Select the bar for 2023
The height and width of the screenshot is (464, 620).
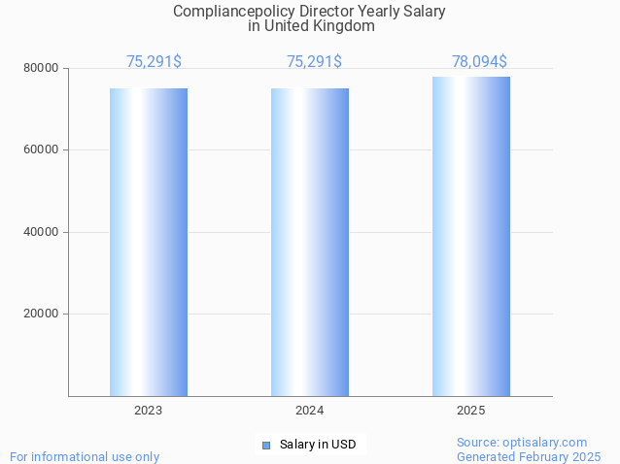pos(149,242)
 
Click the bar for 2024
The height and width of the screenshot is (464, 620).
pos(310,242)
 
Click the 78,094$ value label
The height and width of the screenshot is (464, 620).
pos(479,62)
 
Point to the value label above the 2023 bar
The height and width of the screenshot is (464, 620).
pos(154,62)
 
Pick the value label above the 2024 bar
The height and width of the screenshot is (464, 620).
pos(314,62)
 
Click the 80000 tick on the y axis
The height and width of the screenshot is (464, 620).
pos(42,69)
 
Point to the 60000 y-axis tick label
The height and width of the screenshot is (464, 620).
pos(42,150)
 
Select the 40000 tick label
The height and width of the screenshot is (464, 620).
pos(42,232)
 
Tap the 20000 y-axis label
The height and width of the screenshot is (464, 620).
pos(42,315)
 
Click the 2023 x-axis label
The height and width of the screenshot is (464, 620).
pos(149,411)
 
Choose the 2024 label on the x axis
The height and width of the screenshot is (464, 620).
pos(310,411)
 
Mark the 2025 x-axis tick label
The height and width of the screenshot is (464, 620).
pos(471,411)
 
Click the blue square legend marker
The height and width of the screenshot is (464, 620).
pos(265,446)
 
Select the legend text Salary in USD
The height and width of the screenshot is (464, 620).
pos(318,446)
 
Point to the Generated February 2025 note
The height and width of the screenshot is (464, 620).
pos(529,456)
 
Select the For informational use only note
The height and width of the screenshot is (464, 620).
pos(85,456)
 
